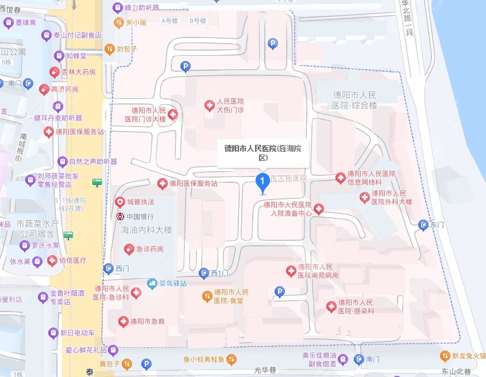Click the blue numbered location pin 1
[263, 183]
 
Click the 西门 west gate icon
[109, 268]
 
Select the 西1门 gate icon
[204, 272]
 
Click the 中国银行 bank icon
[120, 217]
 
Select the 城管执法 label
[140, 202]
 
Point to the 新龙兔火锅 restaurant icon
[444, 356]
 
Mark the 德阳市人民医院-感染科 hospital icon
[330, 307]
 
